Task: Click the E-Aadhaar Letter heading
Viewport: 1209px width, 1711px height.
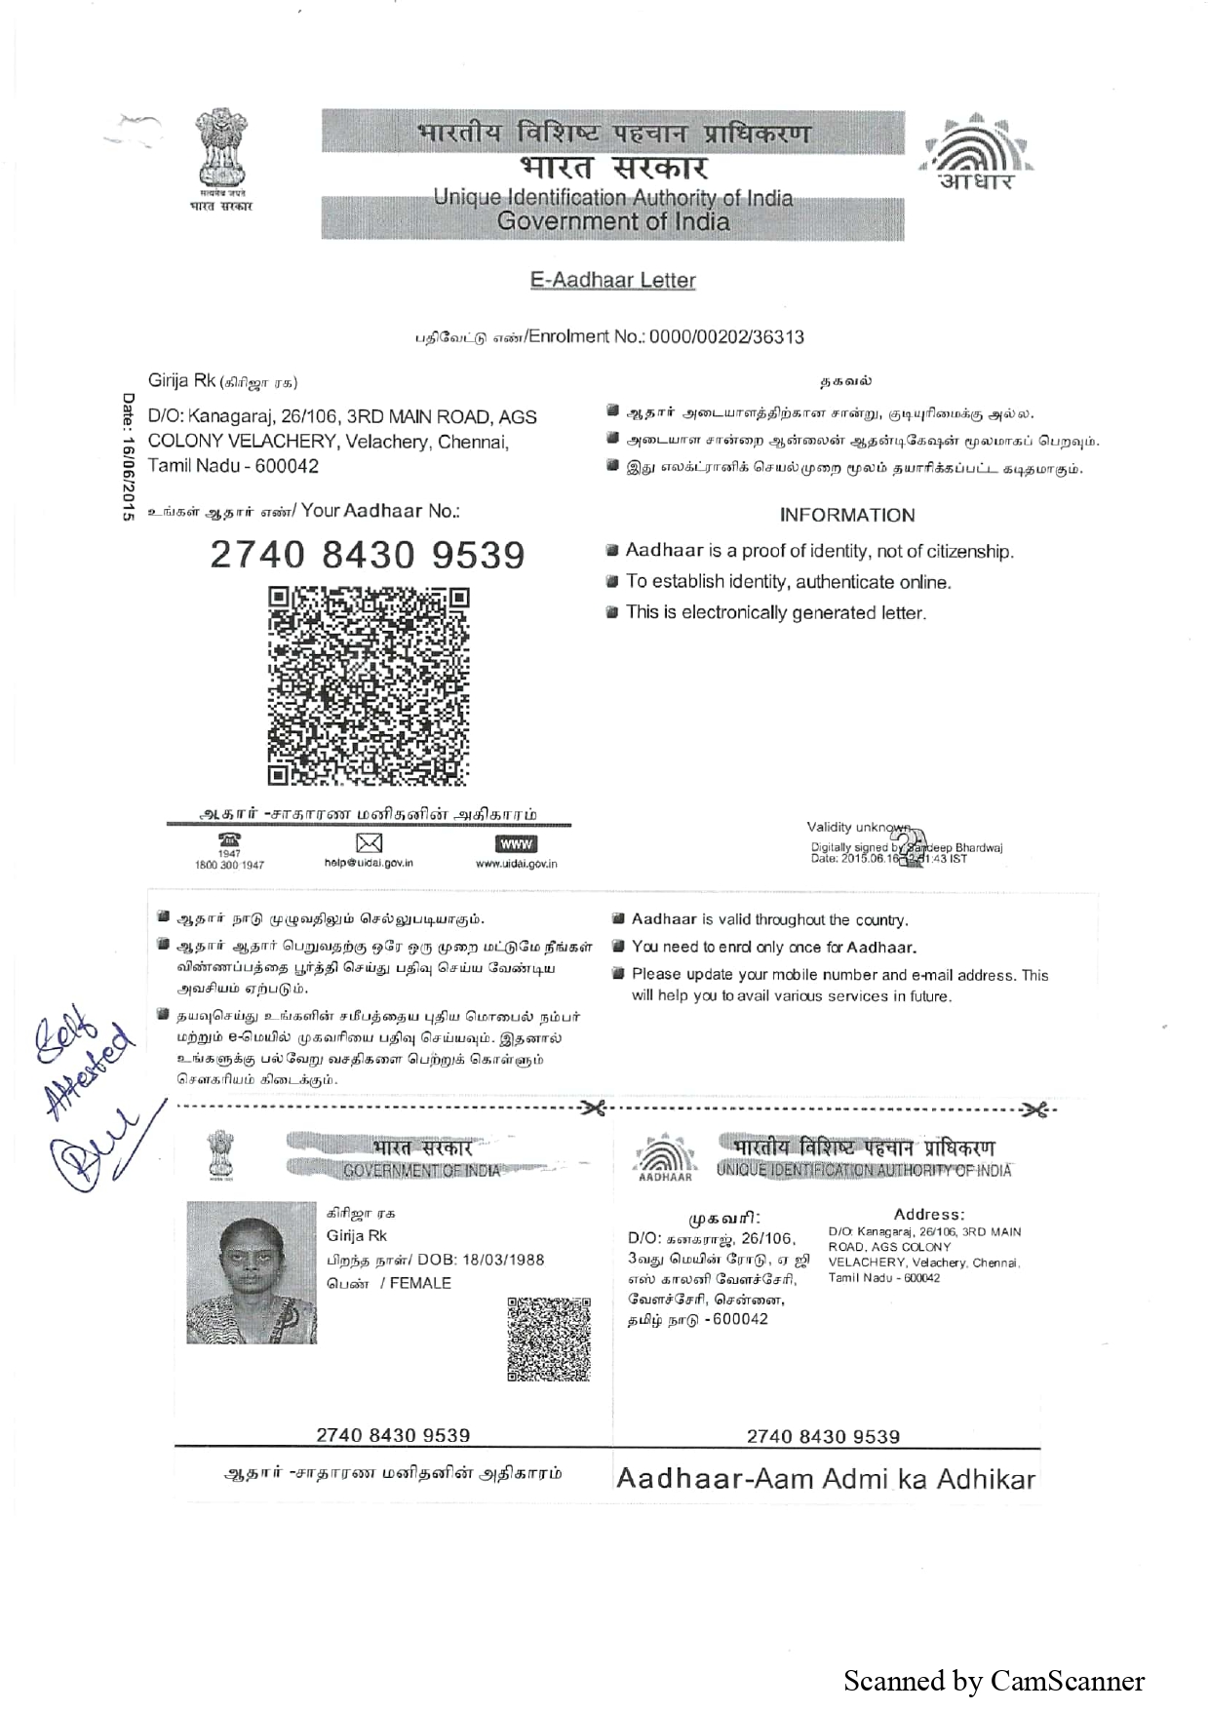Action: click(x=612, y=281)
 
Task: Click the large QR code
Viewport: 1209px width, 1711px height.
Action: click(x=369, y=685)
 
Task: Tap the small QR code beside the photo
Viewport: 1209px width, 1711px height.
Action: click(x=549, y=1339)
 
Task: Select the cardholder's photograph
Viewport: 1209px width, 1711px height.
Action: click(x=252, y=1272)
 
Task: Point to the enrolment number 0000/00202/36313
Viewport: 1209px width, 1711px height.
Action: click(x=726, y=337)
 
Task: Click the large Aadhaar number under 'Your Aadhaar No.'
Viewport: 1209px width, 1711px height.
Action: click(x=368, y=556)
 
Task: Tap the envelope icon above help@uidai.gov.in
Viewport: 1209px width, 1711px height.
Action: click(x=369, y=843)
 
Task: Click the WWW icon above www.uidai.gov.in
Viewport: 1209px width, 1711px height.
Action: click(x=516, y=844)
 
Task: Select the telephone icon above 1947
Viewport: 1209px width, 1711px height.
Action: click(x=229, y=839)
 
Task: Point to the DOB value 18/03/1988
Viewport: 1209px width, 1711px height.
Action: click(x=498, y=1260)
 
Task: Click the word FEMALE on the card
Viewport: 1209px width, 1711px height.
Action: click(x=420, y=1283)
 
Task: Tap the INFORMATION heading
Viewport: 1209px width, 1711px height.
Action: click(x=846, y=516)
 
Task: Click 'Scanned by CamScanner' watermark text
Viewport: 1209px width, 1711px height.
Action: click(x=994, y=1681)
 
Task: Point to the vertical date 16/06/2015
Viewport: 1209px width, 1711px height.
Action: click(x=128, y=457)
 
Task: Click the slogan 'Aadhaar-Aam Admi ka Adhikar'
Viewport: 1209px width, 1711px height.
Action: click(x=825, y=1479)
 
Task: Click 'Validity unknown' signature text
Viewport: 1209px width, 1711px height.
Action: click(x=857, y=828)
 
